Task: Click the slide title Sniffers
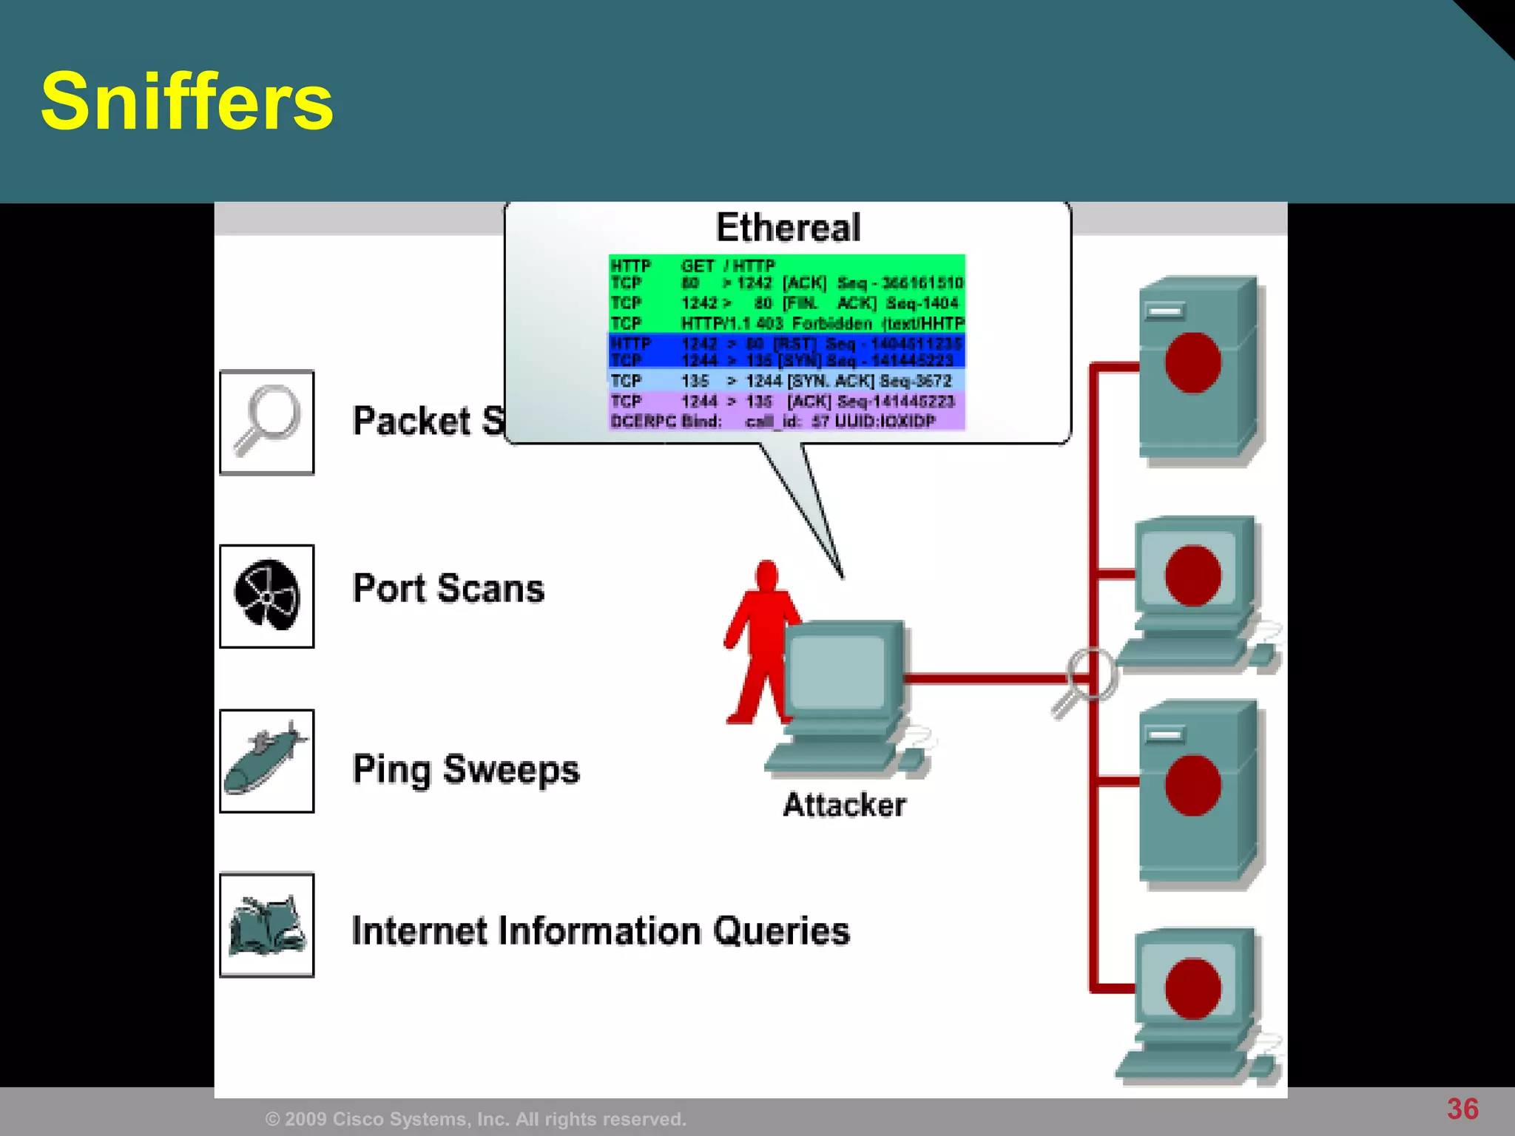tap(186, 102)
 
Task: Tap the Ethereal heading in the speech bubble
tap(788, 227)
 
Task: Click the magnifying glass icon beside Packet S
tap(267, 422)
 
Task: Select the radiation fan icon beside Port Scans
tap(267, 596)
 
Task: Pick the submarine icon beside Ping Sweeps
tap(267, 761)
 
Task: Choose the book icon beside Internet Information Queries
tap(267, 925)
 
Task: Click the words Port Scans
tap(448, 589)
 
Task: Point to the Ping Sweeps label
tap(466, 770)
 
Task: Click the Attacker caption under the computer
tap(844, 805)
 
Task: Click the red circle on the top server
tap(1192, 362)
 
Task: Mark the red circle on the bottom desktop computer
tap(1192, 988)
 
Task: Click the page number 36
tap(1462, 1109)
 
